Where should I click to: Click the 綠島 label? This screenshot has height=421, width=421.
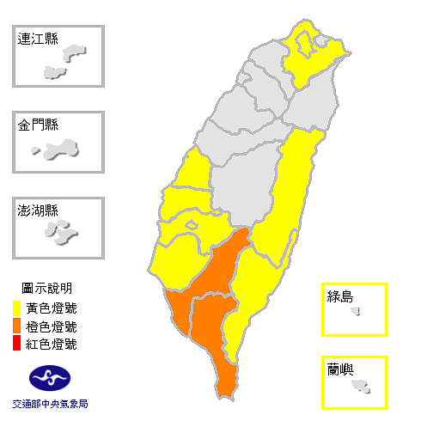click(x=340, y=296)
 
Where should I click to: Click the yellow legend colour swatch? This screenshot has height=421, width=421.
click(x=17, y=308)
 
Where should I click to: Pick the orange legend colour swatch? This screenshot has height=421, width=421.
click(x=17, y=326)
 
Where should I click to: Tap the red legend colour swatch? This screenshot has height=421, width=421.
click(x=17, y=345)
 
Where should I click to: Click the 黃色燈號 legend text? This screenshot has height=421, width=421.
click(x=51, y=308)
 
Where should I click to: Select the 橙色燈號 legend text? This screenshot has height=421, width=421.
click(x=51, y=326)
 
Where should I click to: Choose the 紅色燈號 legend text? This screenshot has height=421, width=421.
click(x=51, y=345)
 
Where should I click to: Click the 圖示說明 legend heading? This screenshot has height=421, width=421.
click(x=49, y=288)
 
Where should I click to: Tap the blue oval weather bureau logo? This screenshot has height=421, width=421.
click(x=50, y=376)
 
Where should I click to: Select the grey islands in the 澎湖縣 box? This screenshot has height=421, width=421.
click(x=62, y=231)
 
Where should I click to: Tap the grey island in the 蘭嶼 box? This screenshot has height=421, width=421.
click(x=360, y=386)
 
